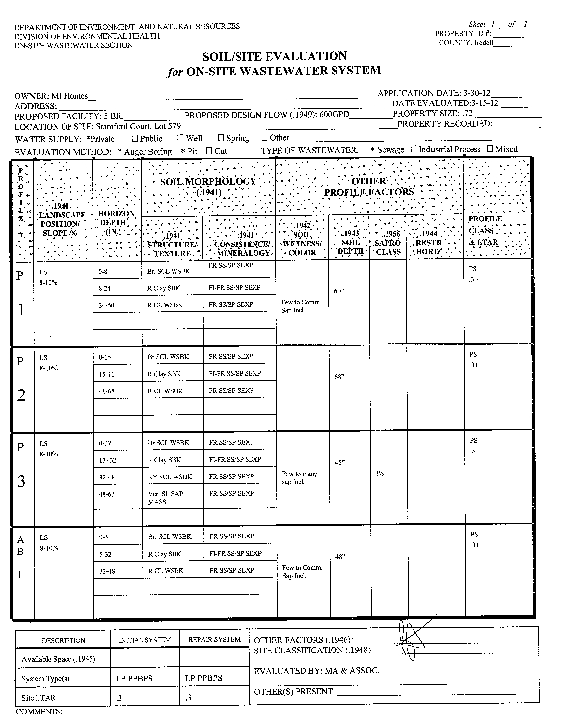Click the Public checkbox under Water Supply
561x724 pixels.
click(135, 138)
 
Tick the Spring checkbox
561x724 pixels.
click(221, 137)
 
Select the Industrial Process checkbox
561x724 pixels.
click(413, 149)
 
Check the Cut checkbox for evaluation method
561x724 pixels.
click(209, 151)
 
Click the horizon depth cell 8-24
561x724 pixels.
click(105, 288)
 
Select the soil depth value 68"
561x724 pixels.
click(339, 377)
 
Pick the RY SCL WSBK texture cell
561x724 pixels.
click(170, 477)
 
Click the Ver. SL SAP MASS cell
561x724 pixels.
click(166, 498)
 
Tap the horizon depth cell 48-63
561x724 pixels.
click(107, 494)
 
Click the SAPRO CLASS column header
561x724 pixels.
click(388, 243)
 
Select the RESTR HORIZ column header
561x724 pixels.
click(429, 243)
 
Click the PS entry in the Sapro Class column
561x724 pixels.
click(380, 473)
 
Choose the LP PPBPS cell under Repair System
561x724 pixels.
click(204, 678)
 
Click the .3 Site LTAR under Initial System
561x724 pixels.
click(119, 698)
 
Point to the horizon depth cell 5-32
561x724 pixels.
click(105, 554)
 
